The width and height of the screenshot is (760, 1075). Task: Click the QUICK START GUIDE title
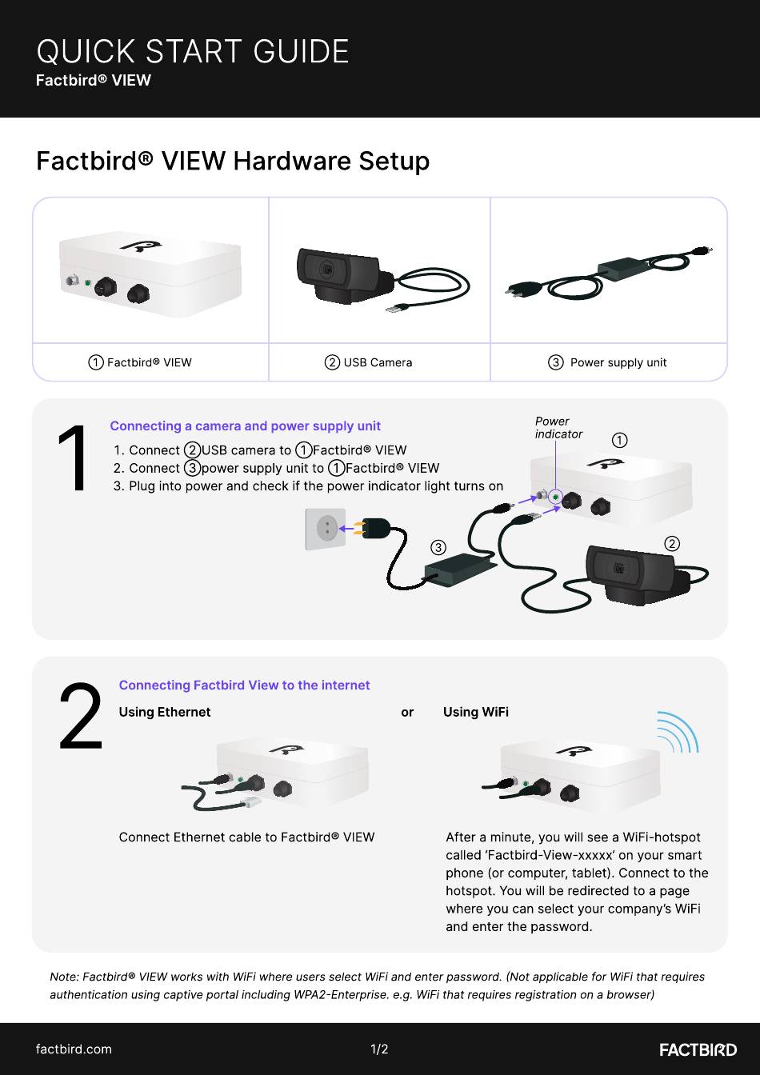coord(193,51)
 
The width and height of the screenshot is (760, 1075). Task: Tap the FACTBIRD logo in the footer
coord(698,1049)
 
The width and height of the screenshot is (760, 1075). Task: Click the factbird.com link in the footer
coord(74,1049)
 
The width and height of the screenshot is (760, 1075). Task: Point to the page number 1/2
coord(379,1049)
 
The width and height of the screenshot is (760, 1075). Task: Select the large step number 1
coord(73,458)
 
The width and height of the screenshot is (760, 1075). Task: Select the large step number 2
coord(81,716)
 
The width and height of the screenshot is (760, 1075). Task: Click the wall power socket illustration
coord(326,529)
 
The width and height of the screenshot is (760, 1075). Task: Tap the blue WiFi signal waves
coord(678,732)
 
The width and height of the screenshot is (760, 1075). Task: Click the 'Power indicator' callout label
coord(558,428)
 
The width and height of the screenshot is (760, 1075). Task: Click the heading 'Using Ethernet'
coord(165,712)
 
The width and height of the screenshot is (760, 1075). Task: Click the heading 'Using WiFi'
coord(476,712)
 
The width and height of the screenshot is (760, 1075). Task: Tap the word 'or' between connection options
coord(407,712)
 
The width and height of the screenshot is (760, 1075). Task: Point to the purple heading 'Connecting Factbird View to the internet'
coord(244,685)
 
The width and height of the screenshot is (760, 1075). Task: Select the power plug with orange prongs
coord(374,528)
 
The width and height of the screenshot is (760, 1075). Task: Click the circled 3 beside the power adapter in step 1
coord(438,547)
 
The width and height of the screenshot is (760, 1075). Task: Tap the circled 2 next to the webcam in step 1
coord(672,544)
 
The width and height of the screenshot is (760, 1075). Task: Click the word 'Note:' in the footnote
coord(64,977)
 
